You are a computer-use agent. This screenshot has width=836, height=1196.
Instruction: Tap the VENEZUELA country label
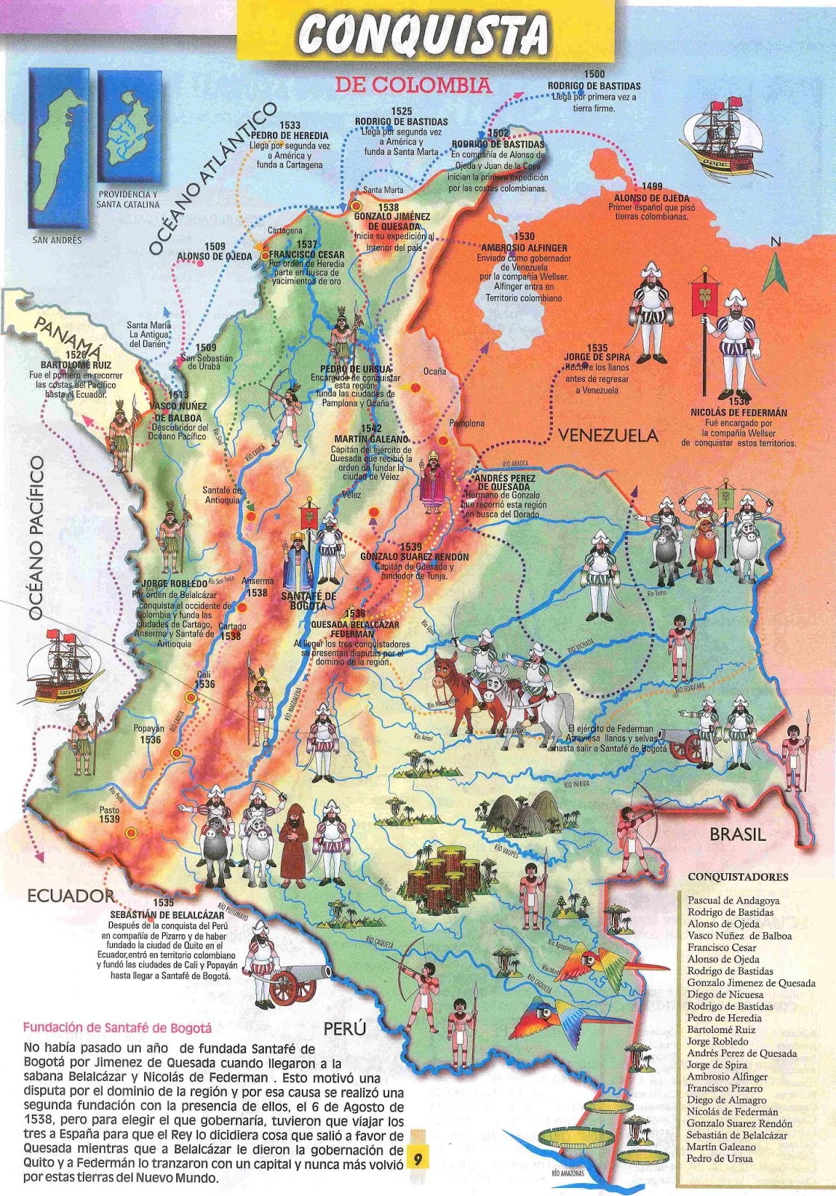click(607, 435)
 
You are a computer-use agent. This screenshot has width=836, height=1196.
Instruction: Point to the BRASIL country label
click(737, 834)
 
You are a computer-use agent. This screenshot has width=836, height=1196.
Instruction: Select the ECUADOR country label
click(71, 896)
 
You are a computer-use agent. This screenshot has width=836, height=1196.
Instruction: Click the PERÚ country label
click(344, 1029)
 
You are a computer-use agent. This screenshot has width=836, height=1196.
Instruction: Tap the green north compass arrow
click(775, 271)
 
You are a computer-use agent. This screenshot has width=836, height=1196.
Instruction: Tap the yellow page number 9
click(417, 1159)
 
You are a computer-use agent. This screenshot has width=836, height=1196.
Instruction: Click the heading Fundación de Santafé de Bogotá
click(117, 1028)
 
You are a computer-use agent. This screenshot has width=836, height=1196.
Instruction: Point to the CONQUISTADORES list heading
click(737, 877)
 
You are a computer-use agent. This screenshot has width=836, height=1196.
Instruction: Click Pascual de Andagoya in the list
click(733, 901)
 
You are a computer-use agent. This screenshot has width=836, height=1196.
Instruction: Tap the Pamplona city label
click(466, 423)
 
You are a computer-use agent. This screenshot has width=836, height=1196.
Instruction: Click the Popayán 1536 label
click(149, 733)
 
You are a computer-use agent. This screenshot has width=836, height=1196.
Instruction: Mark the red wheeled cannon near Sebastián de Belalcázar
click(293, 984)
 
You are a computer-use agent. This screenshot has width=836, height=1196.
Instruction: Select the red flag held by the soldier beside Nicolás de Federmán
click(704, 294)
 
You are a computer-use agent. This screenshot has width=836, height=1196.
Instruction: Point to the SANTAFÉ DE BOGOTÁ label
click(309, 600)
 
